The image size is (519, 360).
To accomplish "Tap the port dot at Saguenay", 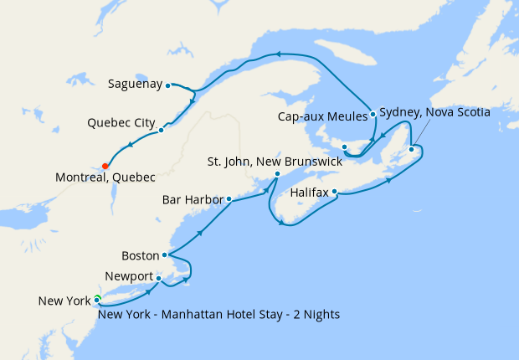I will (x=168, y=85).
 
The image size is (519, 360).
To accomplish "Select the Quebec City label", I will (x=121, y=122).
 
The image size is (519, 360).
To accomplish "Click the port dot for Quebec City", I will (x=161, y=130).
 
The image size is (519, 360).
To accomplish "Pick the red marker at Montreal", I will (x=105, y=166).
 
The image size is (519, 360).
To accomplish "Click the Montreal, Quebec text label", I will (x=105, y=177).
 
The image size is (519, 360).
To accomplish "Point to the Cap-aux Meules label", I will (x=322, y=117).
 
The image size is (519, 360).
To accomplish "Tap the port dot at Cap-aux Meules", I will (x=372, y=114).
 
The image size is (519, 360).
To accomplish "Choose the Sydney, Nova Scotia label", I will (x=434, y=111).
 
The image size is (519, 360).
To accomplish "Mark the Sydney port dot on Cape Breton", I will (x=412, y=150).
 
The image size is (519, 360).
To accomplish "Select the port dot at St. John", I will (x=278, y=174).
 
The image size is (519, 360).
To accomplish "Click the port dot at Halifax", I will (x=335, y=192).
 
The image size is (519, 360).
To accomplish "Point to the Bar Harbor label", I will (x=193, y=200).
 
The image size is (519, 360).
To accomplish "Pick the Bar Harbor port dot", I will (x=229, y=199).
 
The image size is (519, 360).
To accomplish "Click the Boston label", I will (x=140, y=255).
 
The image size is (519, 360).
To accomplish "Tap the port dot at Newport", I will (x=158, y=279).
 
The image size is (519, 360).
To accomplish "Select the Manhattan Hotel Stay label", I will (x=218, y=315).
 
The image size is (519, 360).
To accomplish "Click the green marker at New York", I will (x=98, y=297).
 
